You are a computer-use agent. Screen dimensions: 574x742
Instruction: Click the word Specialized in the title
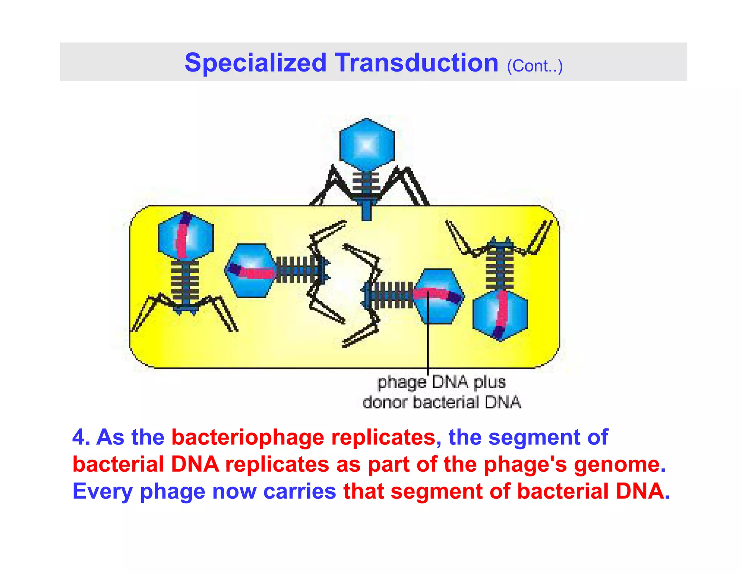tap(255, 63)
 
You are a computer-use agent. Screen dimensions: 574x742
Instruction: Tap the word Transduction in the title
tap(416, 63)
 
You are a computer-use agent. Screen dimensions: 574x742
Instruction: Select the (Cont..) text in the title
tap(534, 66)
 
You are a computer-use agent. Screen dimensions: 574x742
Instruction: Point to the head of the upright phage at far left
tap(185, 236)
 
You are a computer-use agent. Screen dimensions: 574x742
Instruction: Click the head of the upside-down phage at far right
tap(500, 315)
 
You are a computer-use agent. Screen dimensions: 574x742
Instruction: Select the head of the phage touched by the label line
tap(439, 296)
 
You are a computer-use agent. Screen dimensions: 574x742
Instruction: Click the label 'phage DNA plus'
tap(441, 382)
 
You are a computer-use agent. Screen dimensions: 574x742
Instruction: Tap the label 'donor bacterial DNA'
tap(441, 402)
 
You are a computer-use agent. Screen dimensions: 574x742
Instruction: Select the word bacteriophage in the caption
tap(247, 438)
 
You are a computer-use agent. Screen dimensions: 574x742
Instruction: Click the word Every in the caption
tap(103, 491)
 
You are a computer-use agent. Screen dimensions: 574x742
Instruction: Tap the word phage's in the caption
tap(525, 465)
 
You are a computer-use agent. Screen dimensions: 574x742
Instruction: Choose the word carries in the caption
tap(300, 491)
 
